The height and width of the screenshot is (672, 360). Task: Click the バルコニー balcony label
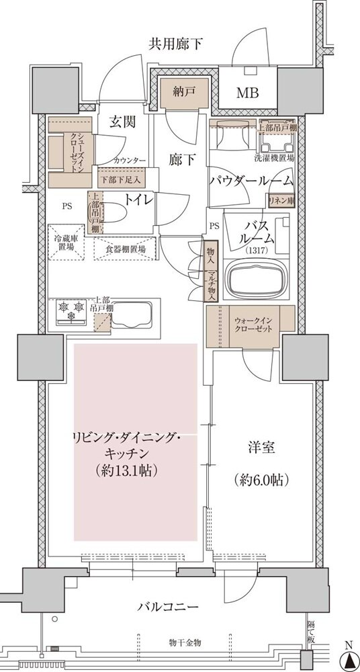[x=167, y=607]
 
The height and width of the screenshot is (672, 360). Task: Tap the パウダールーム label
[x=251, y=181]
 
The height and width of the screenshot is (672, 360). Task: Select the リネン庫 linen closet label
[x=282, y=201]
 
